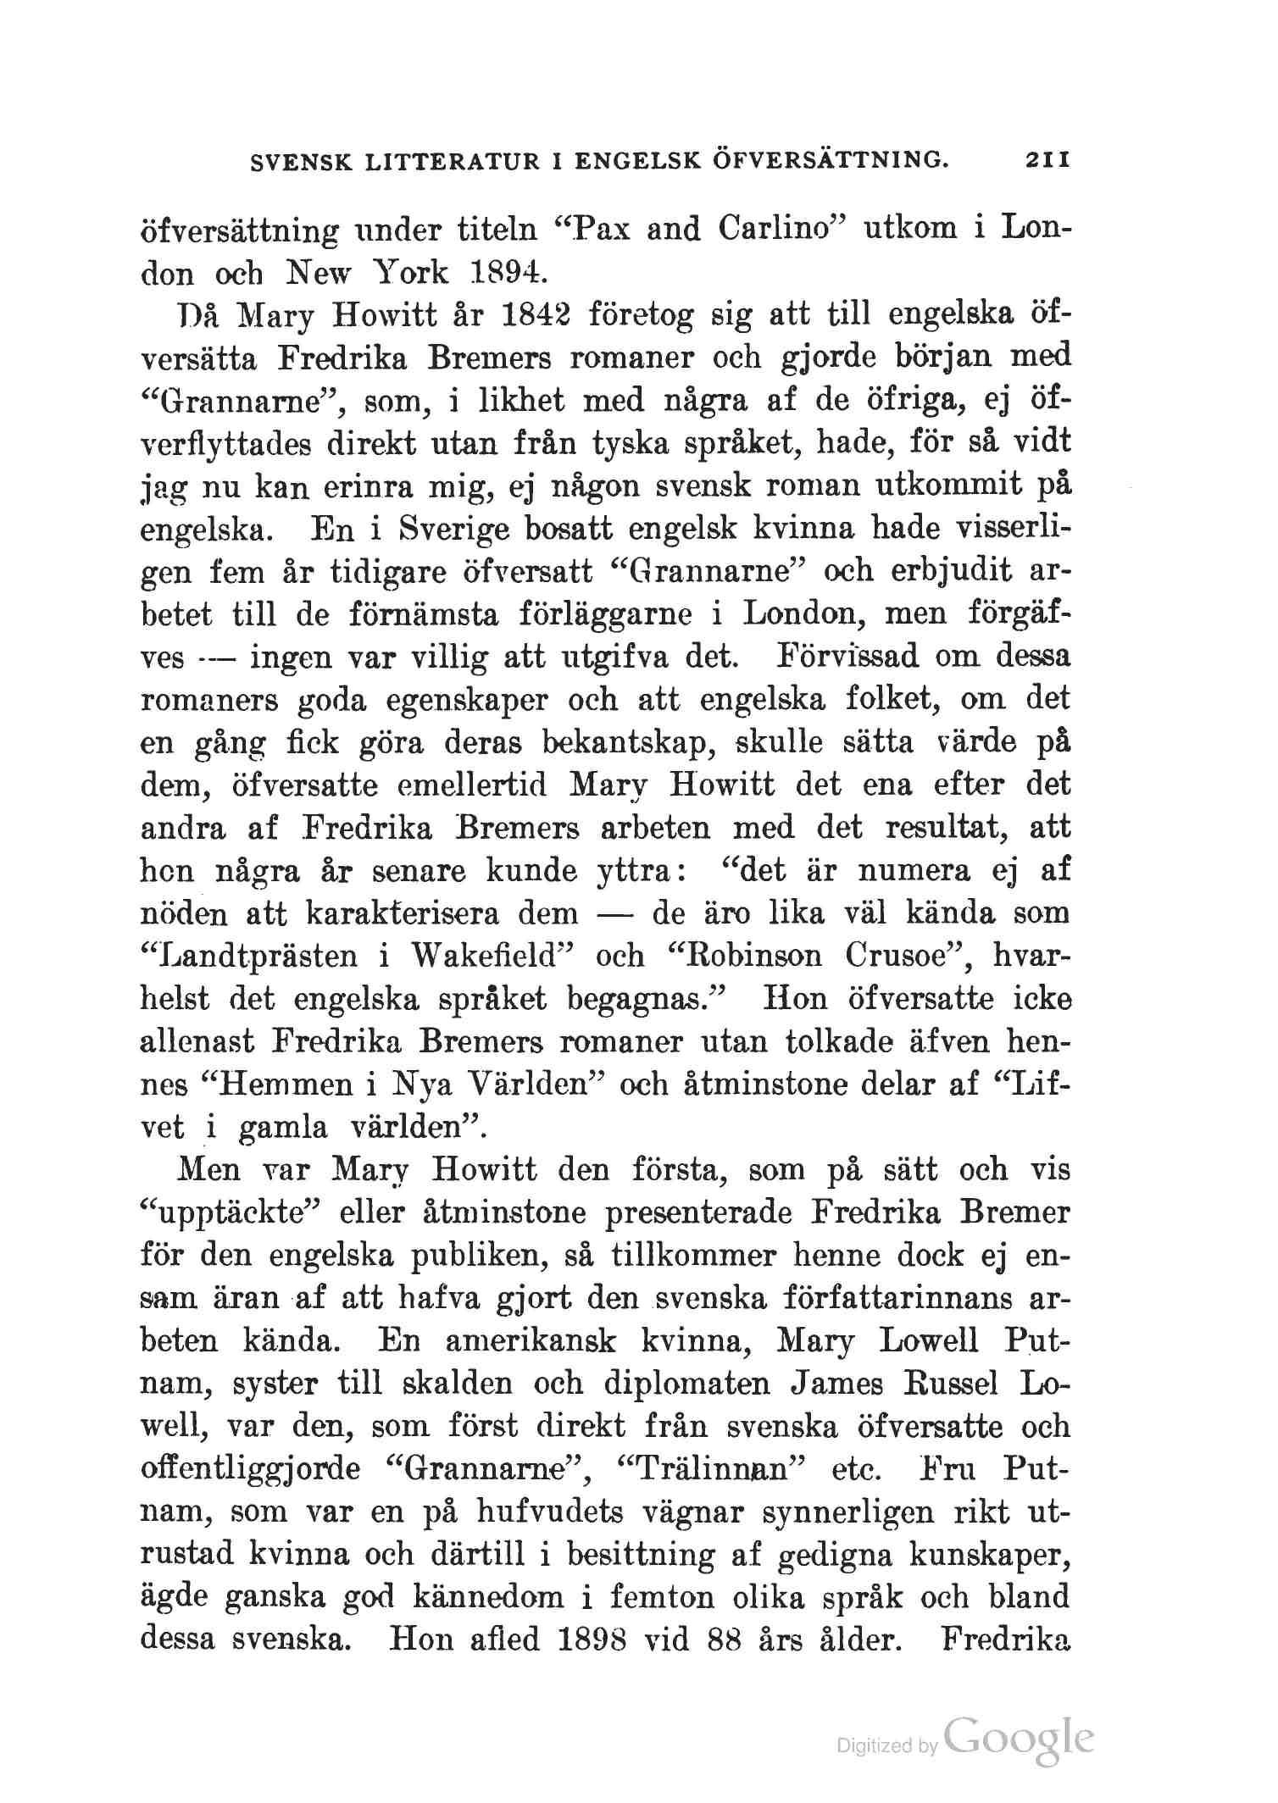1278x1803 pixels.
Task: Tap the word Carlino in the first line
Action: pos(779,230)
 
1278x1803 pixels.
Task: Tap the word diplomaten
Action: pos(685,1385)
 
